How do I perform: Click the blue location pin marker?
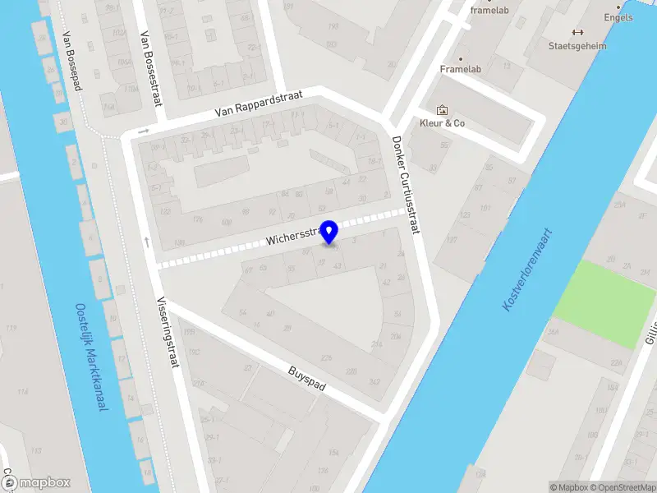coord(330,232)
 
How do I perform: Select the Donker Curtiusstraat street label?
coord(406,185)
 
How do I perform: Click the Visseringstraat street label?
coord(168,331)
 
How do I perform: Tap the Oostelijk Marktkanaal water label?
coord(91,358)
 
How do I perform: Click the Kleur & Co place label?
coord(443,123)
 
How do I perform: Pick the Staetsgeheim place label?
coord(577,46)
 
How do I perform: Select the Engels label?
coord(618,17)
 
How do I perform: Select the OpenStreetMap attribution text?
coord(619,487)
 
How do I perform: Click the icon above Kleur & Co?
coord(443,109)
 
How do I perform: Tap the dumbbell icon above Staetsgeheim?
coord(577,33)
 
